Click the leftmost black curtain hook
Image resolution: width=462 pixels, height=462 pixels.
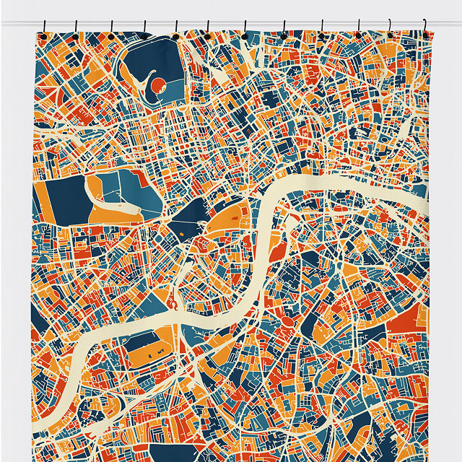(44, 32)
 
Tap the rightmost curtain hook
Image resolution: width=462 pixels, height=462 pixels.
(425, 30)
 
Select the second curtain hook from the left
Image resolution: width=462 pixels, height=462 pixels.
(77, 31)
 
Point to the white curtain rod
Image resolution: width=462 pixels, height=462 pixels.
(231, 24)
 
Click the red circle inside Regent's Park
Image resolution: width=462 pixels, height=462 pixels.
(158, 86)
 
